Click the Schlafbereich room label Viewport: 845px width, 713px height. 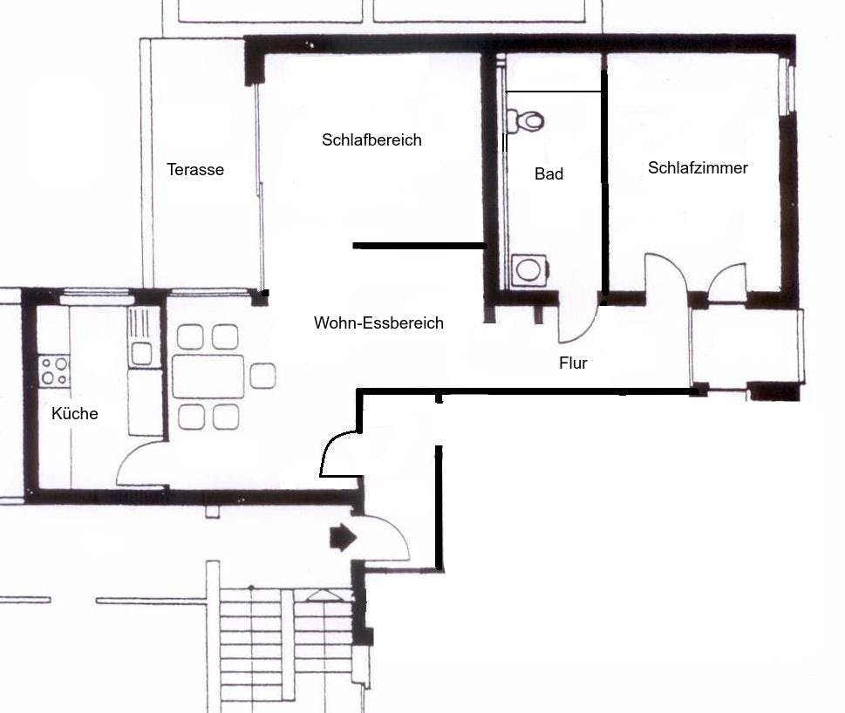371,140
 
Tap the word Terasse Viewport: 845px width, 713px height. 195,170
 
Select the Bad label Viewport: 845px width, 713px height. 549,174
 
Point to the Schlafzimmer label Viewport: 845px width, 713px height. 698,168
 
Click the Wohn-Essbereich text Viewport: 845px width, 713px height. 378,323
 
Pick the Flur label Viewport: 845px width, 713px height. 573,363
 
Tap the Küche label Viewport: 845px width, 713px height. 74,413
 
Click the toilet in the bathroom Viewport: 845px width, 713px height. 526,121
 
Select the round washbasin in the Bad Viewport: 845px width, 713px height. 529,269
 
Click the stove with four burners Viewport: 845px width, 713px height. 54,371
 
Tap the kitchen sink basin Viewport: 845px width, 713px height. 142,354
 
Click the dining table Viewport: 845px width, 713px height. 208,377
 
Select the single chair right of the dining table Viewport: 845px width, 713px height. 263,376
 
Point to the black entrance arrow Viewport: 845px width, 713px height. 343,538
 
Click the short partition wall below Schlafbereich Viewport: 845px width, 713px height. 419,246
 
